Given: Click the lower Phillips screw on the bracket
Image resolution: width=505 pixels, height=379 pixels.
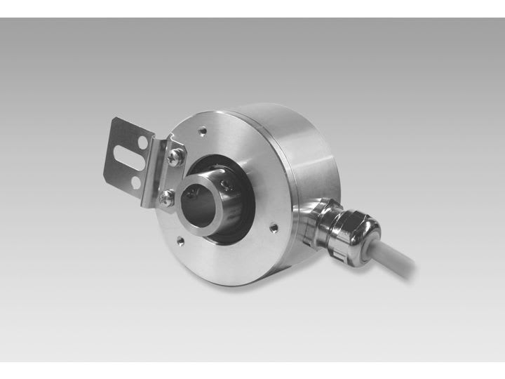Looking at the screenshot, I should coord(166,199).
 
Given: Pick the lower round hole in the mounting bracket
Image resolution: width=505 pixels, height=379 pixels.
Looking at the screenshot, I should coord(135,182).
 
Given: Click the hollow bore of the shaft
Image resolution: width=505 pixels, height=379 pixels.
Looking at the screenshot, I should coord(198,203).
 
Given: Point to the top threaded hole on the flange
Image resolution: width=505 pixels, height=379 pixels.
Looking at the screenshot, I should coord(203,130).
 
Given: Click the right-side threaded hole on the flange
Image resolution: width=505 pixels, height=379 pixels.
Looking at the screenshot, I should coord(274,226).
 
